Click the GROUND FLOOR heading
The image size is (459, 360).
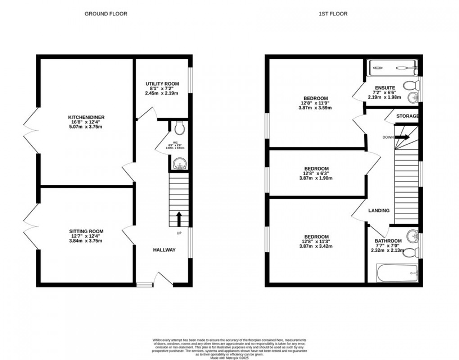[106, 14]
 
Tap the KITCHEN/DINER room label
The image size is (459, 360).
[86, 118]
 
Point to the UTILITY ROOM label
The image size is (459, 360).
[162, 84]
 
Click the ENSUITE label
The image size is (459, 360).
[385, 88]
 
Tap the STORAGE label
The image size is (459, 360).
[408, 116]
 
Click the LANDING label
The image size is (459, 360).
[379, 211]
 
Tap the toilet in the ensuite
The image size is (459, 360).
[410, 85]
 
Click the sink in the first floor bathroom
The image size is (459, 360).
[411, 236]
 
